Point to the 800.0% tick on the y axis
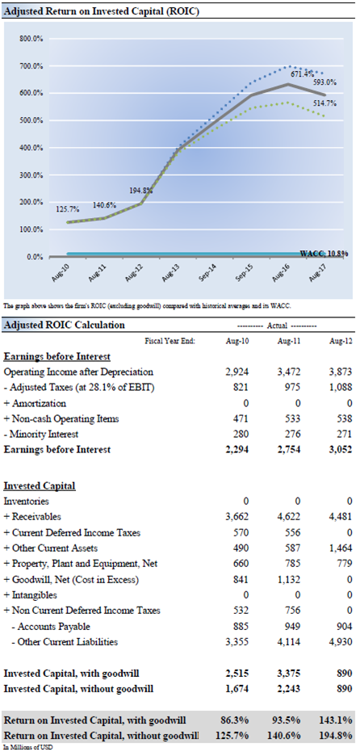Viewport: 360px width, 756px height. [31, 39]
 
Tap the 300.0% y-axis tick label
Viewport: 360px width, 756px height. [31, 175]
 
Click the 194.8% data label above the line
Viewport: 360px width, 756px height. [142, 191]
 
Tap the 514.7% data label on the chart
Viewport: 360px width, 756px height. [326, 103]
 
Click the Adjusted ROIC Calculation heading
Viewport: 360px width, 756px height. [64, 325]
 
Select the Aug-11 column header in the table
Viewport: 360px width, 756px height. [289, 341]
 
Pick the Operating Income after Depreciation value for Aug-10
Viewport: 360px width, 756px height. [237, 372]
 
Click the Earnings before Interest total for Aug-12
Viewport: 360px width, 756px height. [341, 449]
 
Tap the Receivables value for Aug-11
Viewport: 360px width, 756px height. [289, 517]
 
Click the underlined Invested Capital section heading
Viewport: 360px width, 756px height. [40, 485]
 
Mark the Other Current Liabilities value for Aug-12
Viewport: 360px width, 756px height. [341, 642]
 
